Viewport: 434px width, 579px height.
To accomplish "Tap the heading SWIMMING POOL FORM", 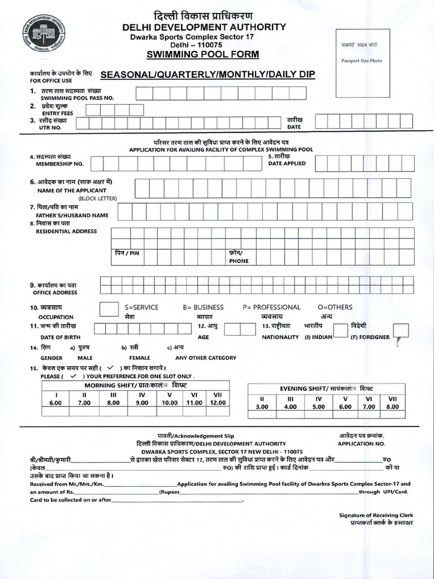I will [x=203, y=54].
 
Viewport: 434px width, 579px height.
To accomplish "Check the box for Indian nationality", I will [x=340, y=330].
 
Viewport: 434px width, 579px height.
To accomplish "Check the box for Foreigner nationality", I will [x=400, y=330].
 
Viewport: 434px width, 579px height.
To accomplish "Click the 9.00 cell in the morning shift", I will [x=142, y=403].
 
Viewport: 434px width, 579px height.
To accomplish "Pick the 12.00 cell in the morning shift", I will [x=217, y=403].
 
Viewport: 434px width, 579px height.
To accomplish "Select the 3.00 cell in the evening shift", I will [x=262, y=407].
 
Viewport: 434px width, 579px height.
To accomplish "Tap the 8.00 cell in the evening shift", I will [x=393, y=407].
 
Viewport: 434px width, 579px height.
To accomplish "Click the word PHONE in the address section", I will [x=238, y=261].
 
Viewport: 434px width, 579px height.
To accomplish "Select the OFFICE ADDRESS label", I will [x=55, y=292].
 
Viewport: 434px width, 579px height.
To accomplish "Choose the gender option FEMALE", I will [x=140, y=358].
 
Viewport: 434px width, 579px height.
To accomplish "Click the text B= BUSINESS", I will [x=203, y=307].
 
